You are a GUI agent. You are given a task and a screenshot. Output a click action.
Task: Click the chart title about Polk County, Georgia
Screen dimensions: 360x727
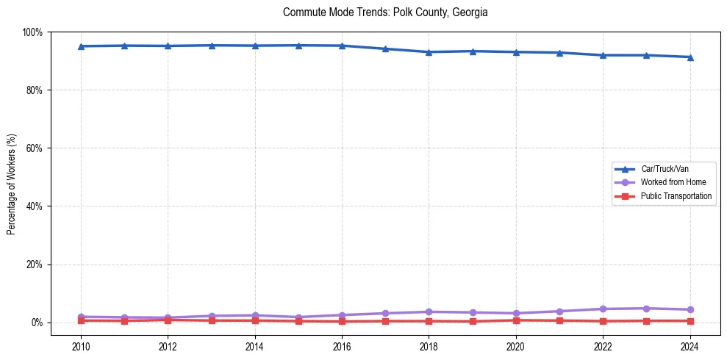tap(385, 12)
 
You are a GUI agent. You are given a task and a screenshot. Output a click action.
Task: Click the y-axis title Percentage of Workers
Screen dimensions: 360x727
tap(12, 184)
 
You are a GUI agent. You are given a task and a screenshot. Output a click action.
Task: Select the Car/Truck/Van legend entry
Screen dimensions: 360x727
tap(665, 169)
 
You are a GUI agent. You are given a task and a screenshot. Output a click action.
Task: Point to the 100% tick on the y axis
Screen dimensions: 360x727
tap(32, 32)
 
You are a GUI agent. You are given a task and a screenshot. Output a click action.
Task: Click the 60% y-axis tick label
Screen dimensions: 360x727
tap(34, 148)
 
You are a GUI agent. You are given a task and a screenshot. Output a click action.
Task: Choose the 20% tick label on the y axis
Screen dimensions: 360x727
tap(34, 264)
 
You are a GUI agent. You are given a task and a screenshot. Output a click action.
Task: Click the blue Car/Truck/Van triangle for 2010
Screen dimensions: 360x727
tap(81, 46)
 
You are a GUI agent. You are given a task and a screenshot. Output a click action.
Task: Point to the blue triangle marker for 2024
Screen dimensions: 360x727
tap(690, 57)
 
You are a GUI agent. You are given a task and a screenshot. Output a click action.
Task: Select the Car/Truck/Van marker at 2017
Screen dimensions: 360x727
tap(385, 49)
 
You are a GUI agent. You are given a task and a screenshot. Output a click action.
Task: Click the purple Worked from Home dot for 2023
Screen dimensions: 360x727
tap(646, 309)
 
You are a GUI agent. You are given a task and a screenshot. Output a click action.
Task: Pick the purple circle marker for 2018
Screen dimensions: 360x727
tap(429, 312)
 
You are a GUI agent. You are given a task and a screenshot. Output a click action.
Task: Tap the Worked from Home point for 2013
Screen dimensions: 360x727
tap(212, 316)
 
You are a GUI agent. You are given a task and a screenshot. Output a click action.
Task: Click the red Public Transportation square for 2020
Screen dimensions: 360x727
tap(516, 320)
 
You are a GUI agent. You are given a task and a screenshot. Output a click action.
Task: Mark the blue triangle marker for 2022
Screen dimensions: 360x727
tap(603, 55)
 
